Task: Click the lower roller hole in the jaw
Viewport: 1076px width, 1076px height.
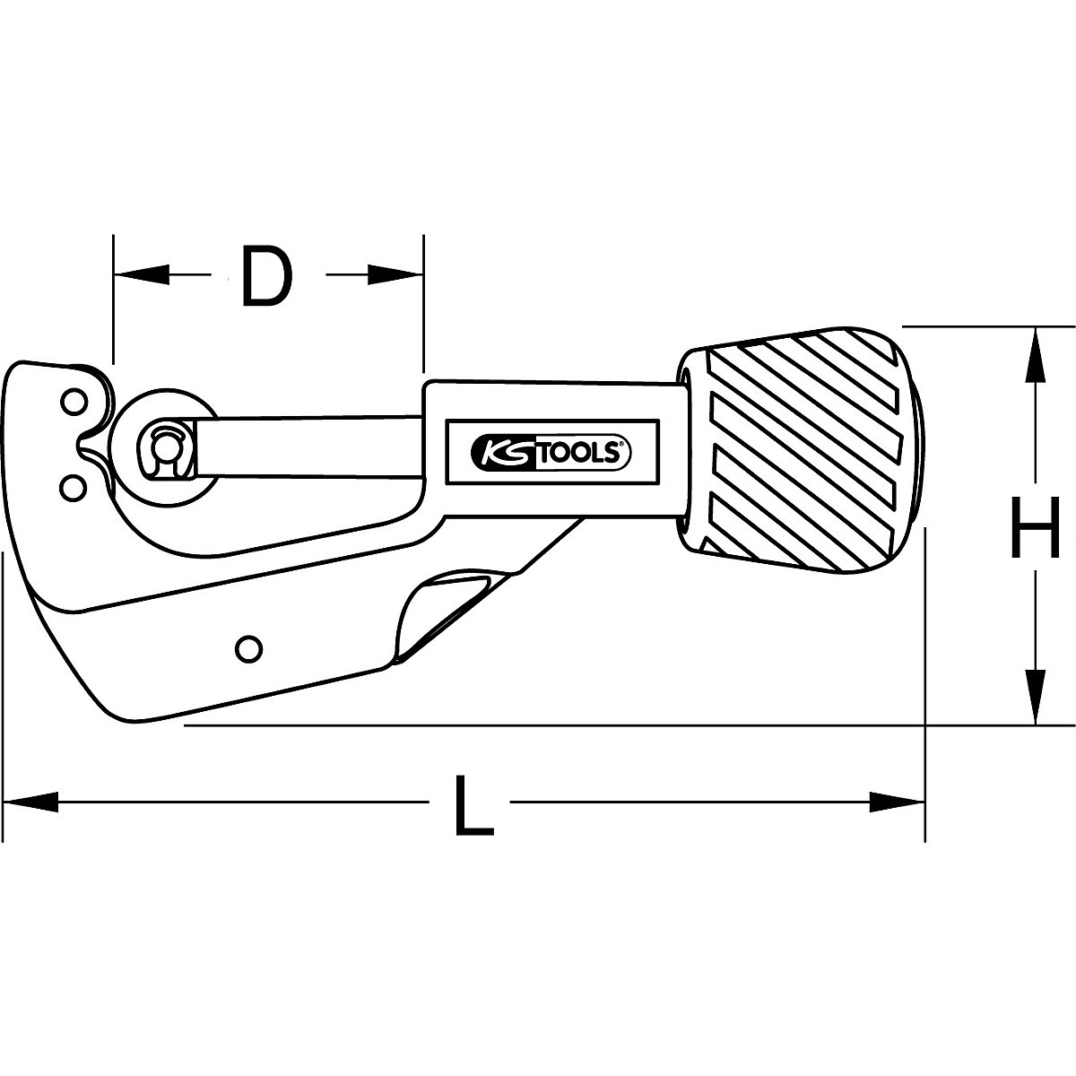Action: pyautogui.click(x=73, y=485)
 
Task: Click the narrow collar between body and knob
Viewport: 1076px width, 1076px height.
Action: pyautogui.click(x=686, y=457)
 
